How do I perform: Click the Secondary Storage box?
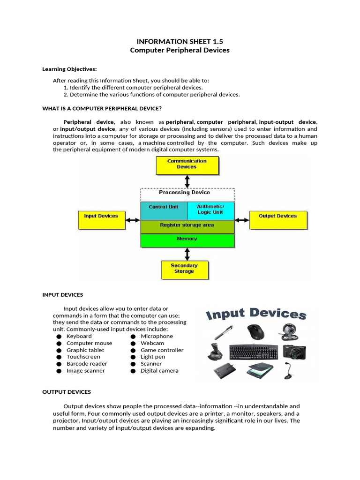[x=184, y=270]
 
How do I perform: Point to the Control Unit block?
[x=164, y=210]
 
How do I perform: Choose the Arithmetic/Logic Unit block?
[x=210, y=210]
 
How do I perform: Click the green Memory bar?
[x=187, y=240]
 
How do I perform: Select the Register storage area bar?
[x=187, y=226]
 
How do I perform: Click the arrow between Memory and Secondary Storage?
[x=187, y=254]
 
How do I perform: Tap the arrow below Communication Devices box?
[x=187, y=181]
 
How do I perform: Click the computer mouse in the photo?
[x=255, y=331]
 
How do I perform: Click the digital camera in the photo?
[x=295, y=351]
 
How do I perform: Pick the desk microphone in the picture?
[x=288, y=370]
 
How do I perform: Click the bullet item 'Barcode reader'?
[x=87, y=364]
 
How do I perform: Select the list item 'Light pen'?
[x=153, y=357]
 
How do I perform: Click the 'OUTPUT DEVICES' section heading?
[x=67, y=392]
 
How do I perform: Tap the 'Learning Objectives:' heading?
[x=69, y=69]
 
